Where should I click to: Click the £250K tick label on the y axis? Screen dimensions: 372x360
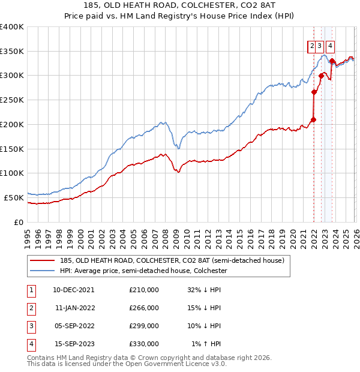(x=12, y=100)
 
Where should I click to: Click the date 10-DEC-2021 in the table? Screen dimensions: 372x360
(x=73, y=290)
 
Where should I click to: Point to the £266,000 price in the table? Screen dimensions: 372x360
(x=144, y=308)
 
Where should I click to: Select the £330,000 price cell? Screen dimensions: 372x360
(x=144, y=344)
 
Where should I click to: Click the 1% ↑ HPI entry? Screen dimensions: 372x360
(x=206, y=344)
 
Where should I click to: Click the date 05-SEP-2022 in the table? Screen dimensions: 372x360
(x=73, y=326)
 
